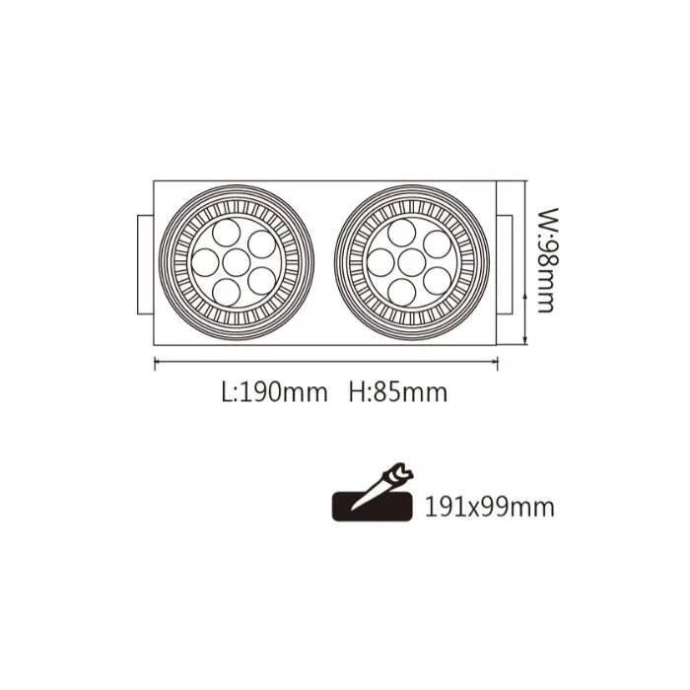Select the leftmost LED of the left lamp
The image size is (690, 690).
205,260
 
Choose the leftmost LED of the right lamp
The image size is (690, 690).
380,260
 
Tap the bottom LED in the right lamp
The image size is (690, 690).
402,289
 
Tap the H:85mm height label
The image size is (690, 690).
398,392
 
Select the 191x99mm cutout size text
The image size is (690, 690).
490,508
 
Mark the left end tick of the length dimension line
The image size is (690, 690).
156,363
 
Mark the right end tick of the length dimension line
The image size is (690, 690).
497,363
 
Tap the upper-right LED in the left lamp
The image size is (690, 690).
260,241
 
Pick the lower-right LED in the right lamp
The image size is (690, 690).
436,280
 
